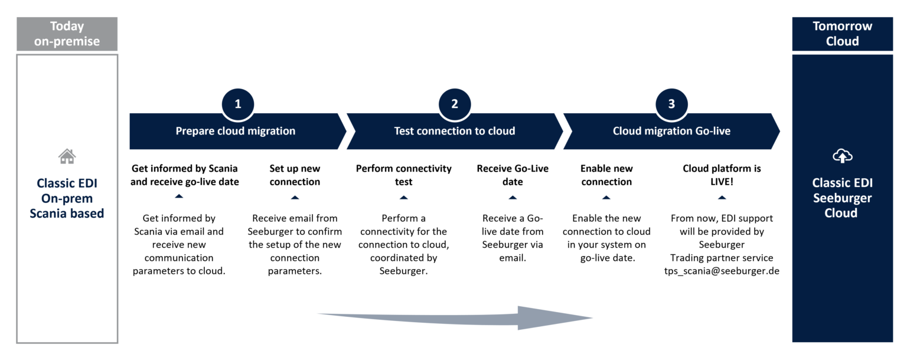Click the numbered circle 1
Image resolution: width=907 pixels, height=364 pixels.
[238, 104]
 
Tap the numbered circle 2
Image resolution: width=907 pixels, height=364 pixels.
[455, 104]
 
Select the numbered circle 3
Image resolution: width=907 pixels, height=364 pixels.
[671, 104]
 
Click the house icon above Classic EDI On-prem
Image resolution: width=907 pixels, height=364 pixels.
[67, 156]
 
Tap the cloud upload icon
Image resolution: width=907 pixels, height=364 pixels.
[842, 156]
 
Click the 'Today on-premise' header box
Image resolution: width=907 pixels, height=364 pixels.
[67, 34]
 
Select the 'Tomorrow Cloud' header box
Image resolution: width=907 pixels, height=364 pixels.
[842, 34]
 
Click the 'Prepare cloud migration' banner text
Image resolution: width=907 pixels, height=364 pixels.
[235, 131]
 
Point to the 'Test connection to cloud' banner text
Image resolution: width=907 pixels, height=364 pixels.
[454, 131]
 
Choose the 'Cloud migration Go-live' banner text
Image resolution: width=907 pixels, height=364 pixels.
[671, 131]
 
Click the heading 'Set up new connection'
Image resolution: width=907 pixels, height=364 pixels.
[295, 175]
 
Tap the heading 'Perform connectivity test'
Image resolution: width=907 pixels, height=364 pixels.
[403, 175]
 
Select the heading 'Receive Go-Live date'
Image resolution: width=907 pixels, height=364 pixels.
[513, 175]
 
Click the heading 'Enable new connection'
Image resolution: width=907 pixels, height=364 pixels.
[606, 175]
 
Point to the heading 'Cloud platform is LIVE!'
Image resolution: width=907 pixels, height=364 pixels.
[722, 175]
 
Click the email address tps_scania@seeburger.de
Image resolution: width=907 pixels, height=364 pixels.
[722, 271]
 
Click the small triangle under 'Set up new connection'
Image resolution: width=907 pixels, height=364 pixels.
[295, 198]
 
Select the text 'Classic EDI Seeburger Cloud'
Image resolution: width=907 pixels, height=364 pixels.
[842, 198]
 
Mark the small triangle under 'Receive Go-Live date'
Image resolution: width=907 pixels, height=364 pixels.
[513, 198]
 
